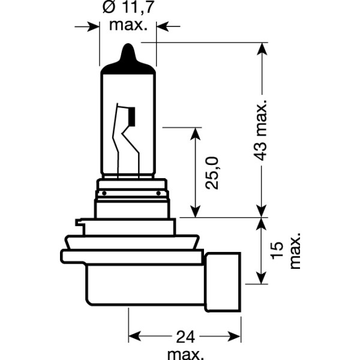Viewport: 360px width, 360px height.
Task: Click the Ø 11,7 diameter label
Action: (127, 10)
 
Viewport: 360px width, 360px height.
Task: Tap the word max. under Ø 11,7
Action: (127, 25)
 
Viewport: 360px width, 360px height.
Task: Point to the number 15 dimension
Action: (276, 250)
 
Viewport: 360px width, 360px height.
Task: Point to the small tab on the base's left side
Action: (80, 226)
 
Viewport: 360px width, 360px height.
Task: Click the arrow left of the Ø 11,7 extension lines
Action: (92, 26)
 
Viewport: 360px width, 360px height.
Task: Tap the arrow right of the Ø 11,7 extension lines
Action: (163, 26)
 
